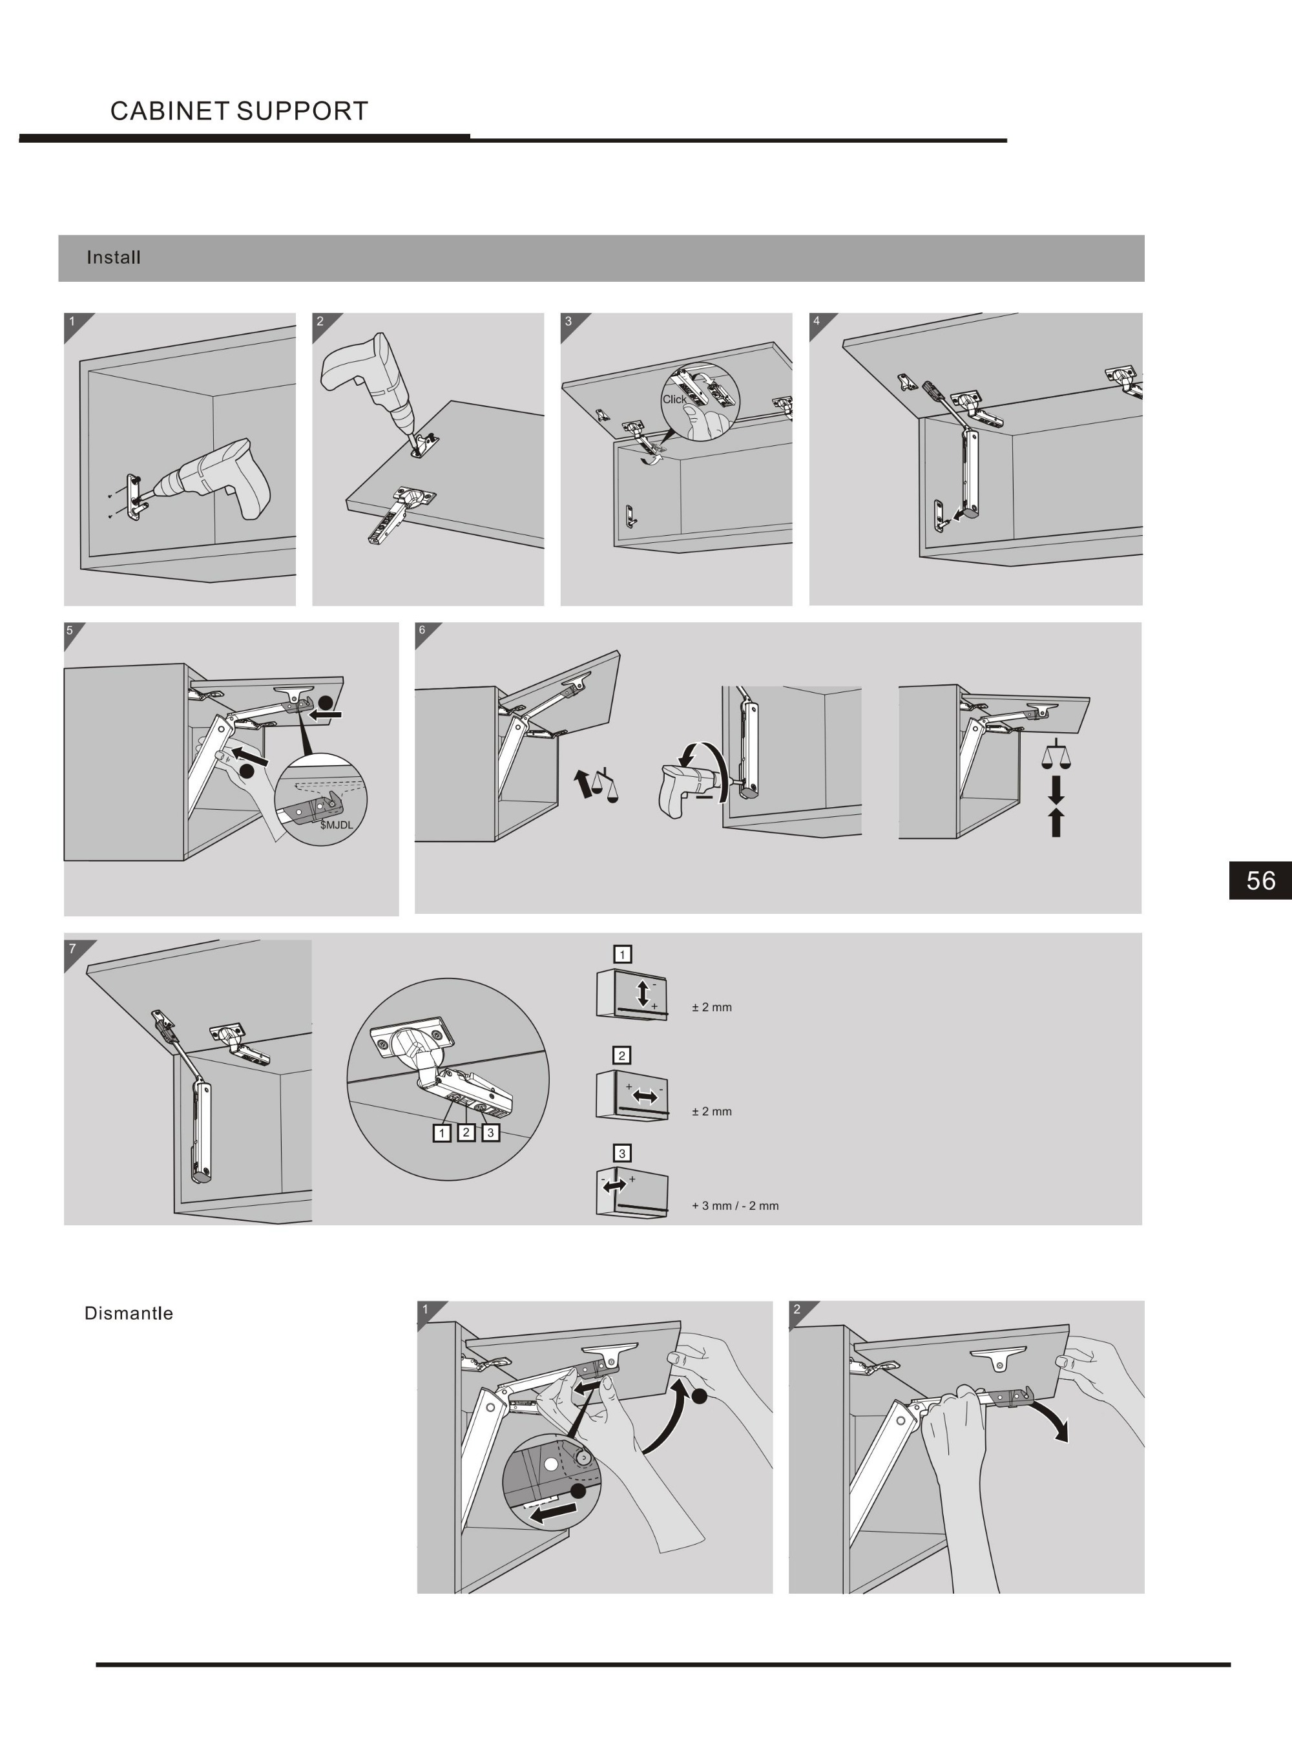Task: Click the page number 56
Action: point(1260,881)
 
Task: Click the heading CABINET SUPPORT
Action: point(238,111)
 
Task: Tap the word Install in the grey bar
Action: point(114,257)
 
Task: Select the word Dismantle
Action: point(129,1313)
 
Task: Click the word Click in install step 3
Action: point(673,399)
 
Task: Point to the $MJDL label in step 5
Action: point(337,825)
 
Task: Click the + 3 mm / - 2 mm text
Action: point(735,1205)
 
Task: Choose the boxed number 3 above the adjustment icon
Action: point(621,1153)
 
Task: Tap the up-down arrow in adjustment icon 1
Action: point(643,993)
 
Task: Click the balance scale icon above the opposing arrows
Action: point(1056,755)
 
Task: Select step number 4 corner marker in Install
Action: point(818,321)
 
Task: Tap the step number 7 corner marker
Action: point(73,949)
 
